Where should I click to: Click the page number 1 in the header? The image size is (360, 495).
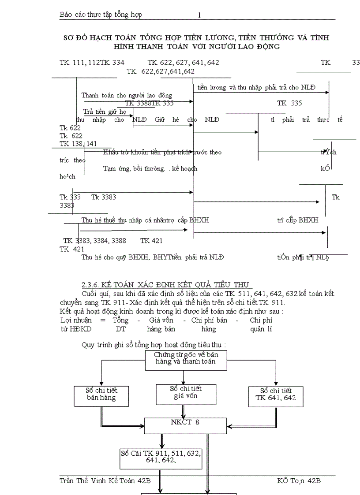click(x=199, y=15)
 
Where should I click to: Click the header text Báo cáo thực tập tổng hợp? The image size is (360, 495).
click(x=101, y=15)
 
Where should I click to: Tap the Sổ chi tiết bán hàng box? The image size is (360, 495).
click(x=101, y=394)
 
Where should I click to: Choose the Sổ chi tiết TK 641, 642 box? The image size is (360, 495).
click(x=276, y=394)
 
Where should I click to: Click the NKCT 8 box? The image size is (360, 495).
click(x=185, y=422)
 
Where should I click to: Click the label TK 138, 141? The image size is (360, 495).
click(x=79, y=144)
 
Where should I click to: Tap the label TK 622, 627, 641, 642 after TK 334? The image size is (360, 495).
click(x=183, y=63)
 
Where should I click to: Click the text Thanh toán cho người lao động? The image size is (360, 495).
click(x=127, y=95)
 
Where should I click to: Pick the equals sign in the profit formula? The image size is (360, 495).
click(x=103, y=320)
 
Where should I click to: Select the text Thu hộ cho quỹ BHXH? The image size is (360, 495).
click(x=115, y=258)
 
